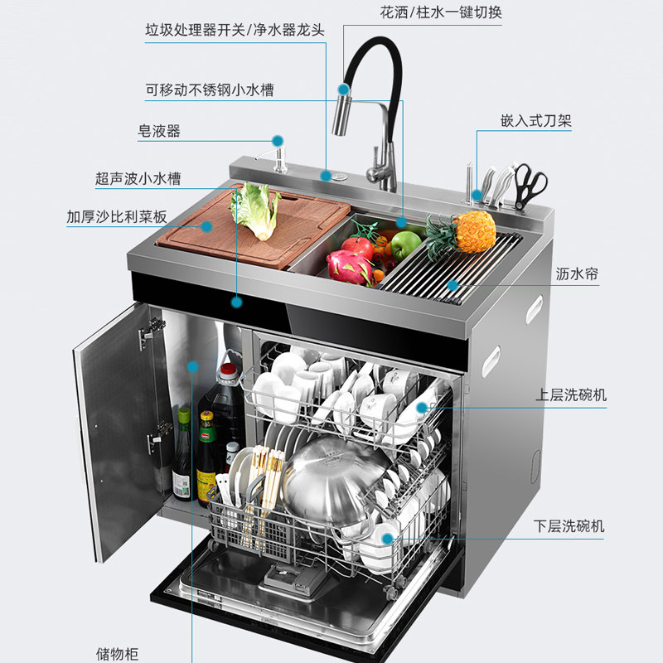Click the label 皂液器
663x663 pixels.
[x=159, y=131]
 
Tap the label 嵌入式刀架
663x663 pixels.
[x=536, y=121]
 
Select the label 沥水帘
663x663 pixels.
[x=578, y=273]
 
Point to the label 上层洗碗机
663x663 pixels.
[x=570, y=395]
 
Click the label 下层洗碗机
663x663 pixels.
[x=569, y=526]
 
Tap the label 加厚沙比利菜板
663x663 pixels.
[x=117, y=217]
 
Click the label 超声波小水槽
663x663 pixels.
[x=138, y=178]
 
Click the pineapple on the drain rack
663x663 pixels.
[x=474, y=232]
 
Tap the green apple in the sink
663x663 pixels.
[x=406, y=244]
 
